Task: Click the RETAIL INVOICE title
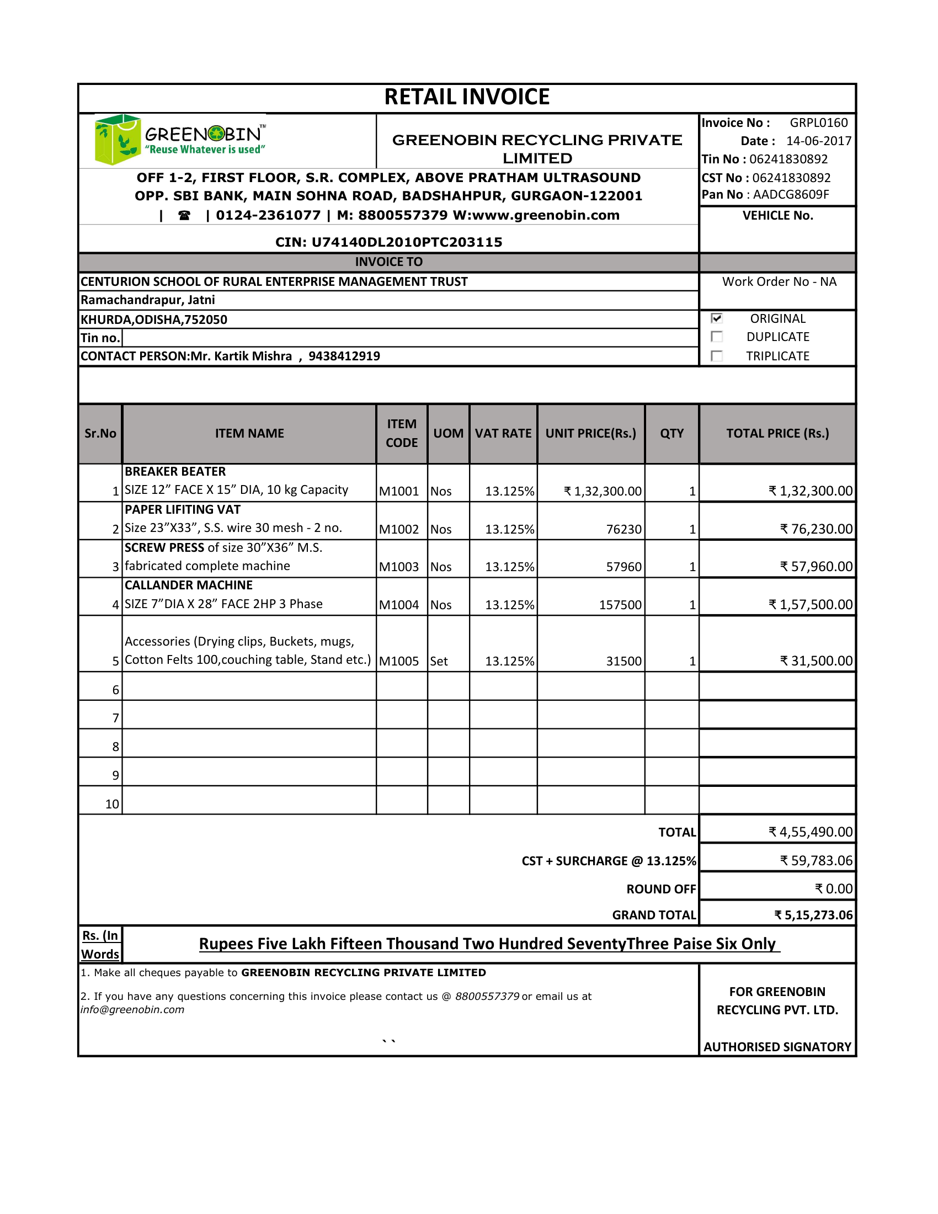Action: click(x=467, y=97)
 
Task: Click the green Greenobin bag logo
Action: click(x=116, y=139)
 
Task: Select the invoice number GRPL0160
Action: click(x=818, y=123)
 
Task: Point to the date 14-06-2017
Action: click(x=818, y=141)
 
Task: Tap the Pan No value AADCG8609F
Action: click(x=791, y=195)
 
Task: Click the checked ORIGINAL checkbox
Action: click(x=717, y=318)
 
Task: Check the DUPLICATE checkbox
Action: click(x=717, y=337)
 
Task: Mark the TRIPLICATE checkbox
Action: click(x=717, y=356)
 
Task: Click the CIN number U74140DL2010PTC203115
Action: click(x=406, y=242)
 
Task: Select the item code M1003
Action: click(x=398, y=567)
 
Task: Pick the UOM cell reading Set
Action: click(x=439, y=662)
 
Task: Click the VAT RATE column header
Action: click(x=503, y=434)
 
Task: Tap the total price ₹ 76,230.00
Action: click(x=816, y=529)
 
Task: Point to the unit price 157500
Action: click(x=620, y=605)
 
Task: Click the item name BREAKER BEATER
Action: click(x=175, y=471)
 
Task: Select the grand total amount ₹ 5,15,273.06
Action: click(x=813, y=915)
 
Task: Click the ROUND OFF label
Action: click(x=660, y=890)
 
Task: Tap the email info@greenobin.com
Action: click(x=132, y=1010)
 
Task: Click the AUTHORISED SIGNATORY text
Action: click(x=777, y=1047)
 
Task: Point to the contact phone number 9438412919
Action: click(x=344, y=356)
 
